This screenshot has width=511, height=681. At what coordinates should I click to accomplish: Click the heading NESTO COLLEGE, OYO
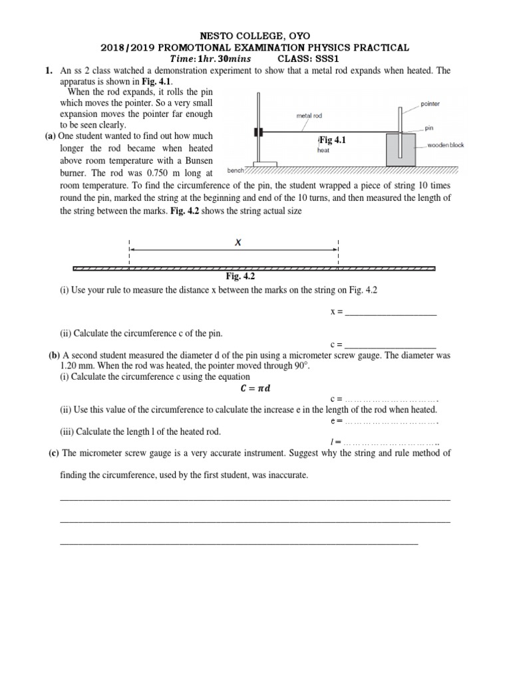coord(255,35)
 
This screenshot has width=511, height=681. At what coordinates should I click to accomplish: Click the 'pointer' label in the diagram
coord(430,104)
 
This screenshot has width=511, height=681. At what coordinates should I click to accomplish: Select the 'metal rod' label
coord(309,115)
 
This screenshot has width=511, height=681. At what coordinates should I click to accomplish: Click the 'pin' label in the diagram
coord(428,128)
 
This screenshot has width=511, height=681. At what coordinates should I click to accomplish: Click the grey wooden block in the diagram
coord(401,149)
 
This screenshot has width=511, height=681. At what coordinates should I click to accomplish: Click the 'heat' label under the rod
coord(325,150)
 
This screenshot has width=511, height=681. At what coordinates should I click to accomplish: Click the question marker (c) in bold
coord(53,453)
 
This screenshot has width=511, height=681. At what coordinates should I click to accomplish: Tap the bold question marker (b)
coord(55,355)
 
